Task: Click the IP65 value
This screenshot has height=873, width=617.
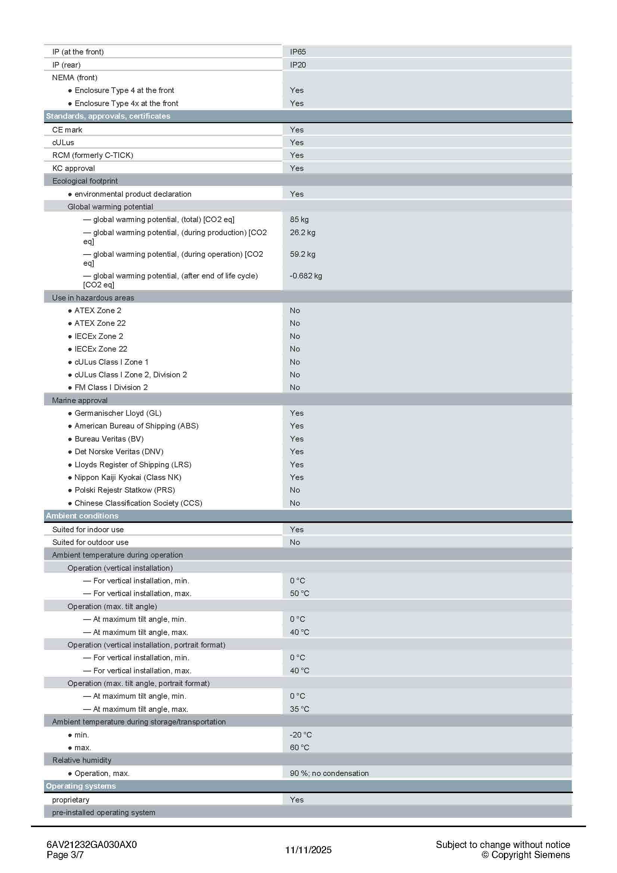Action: pyautogui.click(x=297, y=52)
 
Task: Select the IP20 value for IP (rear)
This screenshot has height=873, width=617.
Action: pyautogui.click(x=297, y=65)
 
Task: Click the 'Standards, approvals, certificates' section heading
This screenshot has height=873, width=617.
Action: pyautogui.click(x=108, y=116)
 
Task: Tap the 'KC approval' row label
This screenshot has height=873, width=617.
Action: pyautogui.click(x=74, y=168)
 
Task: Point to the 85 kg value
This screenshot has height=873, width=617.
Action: pyautogui.click(x=299, y=219)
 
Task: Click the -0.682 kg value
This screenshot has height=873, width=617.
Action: pyautogui.click(x=306, y=276)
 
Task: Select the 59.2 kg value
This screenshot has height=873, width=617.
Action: pyautogui.click(x=302, y=254)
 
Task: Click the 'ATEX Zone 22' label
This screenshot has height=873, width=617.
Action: pyautogui.click(x=100, y=323)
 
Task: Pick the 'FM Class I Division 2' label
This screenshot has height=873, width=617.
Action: pyautogui.click(x=111, y=387)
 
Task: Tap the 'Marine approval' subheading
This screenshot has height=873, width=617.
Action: pyautogui.click(x=80, y=400)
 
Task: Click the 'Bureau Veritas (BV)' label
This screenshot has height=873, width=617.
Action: pyautogui.click(x=109, y=439)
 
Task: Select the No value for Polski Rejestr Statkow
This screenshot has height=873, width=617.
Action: pyautogui.click(x=295, y=490)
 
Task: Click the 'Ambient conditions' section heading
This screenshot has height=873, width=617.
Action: pyautogui.click(x=82, y=516)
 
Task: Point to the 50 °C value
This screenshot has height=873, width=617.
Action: pyautogui.click(x=300, y=593)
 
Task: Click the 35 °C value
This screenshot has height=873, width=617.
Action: pyautogui.click(x=300, y=709)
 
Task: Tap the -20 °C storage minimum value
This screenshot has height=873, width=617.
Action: pyautogui.click(x=301, y=735)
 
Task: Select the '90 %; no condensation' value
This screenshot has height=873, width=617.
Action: pyautogui.click(x=329, y=773)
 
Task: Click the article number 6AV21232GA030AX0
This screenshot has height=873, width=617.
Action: pyautogui.click(x=91, y=845)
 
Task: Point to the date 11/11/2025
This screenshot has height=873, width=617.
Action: pyautogui.click(x=308, y=850)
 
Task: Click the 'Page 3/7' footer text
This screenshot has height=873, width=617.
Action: pyautogui.click(x=65, y=855)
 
